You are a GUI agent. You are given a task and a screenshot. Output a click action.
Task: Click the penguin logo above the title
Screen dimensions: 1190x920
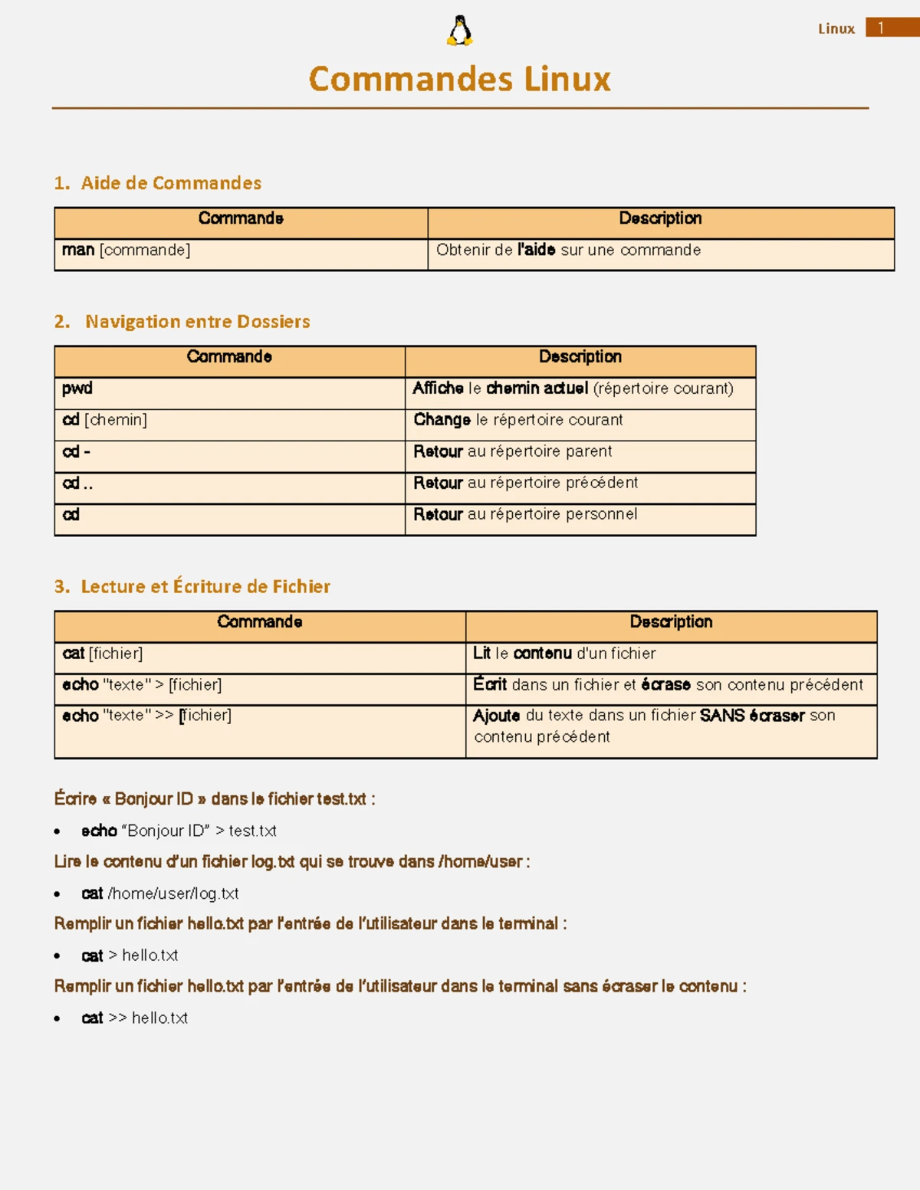[459, 31]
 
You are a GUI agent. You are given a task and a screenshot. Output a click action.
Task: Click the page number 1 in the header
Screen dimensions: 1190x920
[881, 28]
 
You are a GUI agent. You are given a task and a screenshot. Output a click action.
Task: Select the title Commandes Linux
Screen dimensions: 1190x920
[459, 79]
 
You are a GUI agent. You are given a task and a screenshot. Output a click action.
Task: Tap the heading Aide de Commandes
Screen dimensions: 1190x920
[170, 183]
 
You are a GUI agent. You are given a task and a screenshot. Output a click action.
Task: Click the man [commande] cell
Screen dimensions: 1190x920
[127, 251]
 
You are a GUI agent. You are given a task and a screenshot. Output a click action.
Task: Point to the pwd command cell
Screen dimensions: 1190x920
[77, 388]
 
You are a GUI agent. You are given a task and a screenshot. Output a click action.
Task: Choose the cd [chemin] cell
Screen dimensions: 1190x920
[104, 420]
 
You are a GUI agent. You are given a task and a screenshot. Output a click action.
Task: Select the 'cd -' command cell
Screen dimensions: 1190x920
[77, 452]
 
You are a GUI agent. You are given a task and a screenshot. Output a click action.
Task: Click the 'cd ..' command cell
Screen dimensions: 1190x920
[77, 484]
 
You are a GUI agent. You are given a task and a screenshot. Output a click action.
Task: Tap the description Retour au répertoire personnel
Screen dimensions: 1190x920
[525, 514]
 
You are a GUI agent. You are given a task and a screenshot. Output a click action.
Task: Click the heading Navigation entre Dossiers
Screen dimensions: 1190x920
[197, 322]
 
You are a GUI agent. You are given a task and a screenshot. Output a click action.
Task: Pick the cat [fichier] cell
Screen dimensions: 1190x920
[103, 654]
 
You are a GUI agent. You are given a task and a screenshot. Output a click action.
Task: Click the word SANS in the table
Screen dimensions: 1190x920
[722, 716]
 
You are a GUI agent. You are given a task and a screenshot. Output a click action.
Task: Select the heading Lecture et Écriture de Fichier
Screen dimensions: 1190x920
[205, 587]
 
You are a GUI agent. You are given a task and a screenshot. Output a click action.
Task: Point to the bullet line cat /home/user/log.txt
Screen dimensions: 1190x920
[160, 893]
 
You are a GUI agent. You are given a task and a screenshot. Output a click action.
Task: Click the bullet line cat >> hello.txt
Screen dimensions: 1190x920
[135, 1018]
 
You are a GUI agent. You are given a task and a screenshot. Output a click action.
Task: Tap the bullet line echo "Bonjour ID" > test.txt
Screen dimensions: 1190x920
[179, 831]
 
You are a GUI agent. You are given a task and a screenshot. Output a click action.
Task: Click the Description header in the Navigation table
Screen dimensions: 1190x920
[580, 357]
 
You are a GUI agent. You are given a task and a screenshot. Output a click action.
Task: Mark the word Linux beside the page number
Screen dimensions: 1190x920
[836, 29]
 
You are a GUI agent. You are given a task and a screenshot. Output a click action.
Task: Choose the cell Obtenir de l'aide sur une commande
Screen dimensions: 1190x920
[568, 251]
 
